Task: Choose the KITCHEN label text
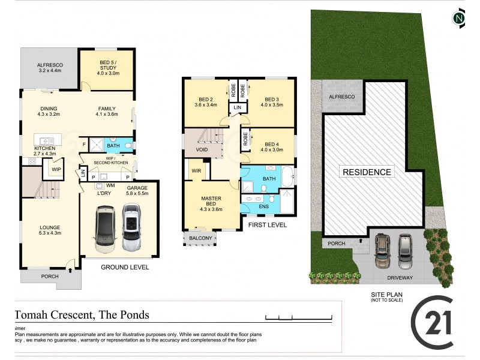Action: pos(45,148)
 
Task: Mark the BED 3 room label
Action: pos(271,100)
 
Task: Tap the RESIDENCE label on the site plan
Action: pos(367,172)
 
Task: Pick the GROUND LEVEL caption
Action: pos(125,267)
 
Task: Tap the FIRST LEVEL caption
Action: pos(267,224)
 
